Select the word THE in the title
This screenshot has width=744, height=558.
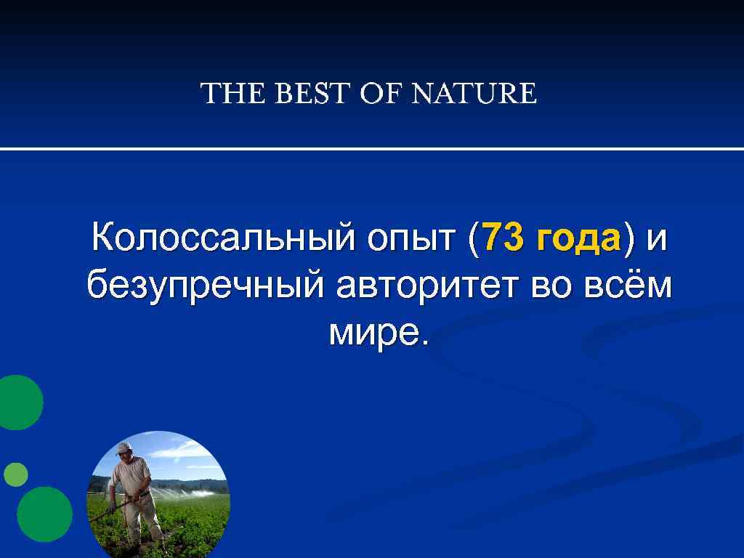pyautogui.click(x=227, y=94)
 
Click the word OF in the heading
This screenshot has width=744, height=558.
pyautogui.click(x=381, y=94)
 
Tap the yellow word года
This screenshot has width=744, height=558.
pyautogui.click(x=578, y=240)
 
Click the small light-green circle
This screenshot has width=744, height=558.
pyautogui.click(x=15, y=474)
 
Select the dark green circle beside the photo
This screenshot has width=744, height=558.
pyautogui.click(x=44, y=514)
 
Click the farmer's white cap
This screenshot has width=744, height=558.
pyautogui.click(x=124, y=448)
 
